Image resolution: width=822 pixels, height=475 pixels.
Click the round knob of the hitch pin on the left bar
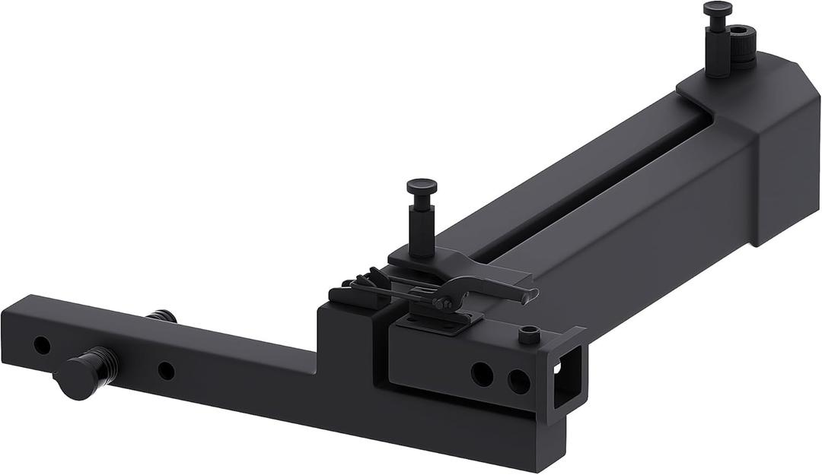(x=76, y=378)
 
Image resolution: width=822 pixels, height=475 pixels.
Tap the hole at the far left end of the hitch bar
(x=42, y=345)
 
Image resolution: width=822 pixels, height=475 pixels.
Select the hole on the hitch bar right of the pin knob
(x=166, y=371)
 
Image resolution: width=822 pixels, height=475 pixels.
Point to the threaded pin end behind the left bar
(x=161, y=315)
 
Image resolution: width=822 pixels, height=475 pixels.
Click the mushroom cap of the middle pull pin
(x=422, y=185)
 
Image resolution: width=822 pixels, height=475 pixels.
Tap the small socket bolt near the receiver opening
(x=529, y=334)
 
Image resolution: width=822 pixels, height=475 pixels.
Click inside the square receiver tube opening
(x=566, y=381)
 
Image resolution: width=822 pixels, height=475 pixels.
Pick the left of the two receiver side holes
(x=482, y=374)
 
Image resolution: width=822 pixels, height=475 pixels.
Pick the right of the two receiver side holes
(x=519, y=381)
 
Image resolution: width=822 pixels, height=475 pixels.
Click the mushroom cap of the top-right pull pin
(x=717, y=8)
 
